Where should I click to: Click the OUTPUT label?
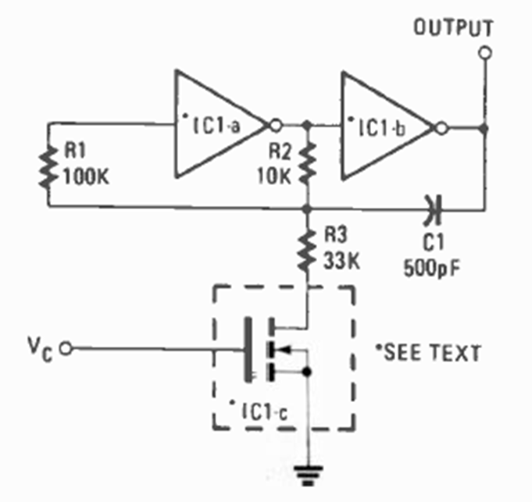(x=453, y=28)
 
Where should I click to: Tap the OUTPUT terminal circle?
(x=485, y=53)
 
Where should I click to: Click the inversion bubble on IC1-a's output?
(x=274, y=125)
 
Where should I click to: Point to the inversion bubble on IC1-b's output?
(x=443, y=127)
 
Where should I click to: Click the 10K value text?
(x=277, y=176)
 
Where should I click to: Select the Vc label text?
(x=43, y=348)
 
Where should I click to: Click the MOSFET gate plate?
(x=249, y=349)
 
